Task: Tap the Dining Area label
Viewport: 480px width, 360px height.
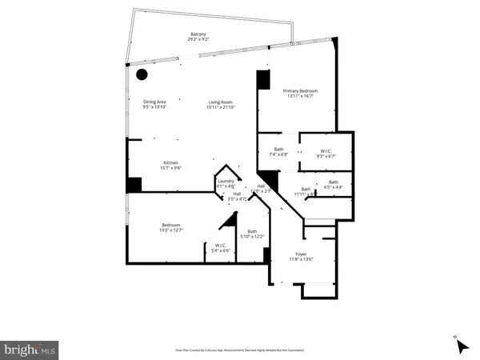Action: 155,102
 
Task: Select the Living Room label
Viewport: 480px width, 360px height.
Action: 221,102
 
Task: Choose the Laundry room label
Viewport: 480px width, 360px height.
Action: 226,182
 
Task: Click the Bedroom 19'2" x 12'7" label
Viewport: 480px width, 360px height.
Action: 172,225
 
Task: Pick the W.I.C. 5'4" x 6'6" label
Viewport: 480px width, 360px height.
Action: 221,246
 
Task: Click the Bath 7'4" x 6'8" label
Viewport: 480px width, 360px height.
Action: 279,149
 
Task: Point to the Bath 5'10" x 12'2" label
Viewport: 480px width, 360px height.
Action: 252,232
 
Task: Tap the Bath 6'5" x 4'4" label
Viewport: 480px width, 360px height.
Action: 333,182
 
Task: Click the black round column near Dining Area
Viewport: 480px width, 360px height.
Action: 142,75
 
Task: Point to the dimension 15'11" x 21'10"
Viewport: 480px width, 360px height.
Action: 221,107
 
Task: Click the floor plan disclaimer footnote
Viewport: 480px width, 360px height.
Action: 240,350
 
